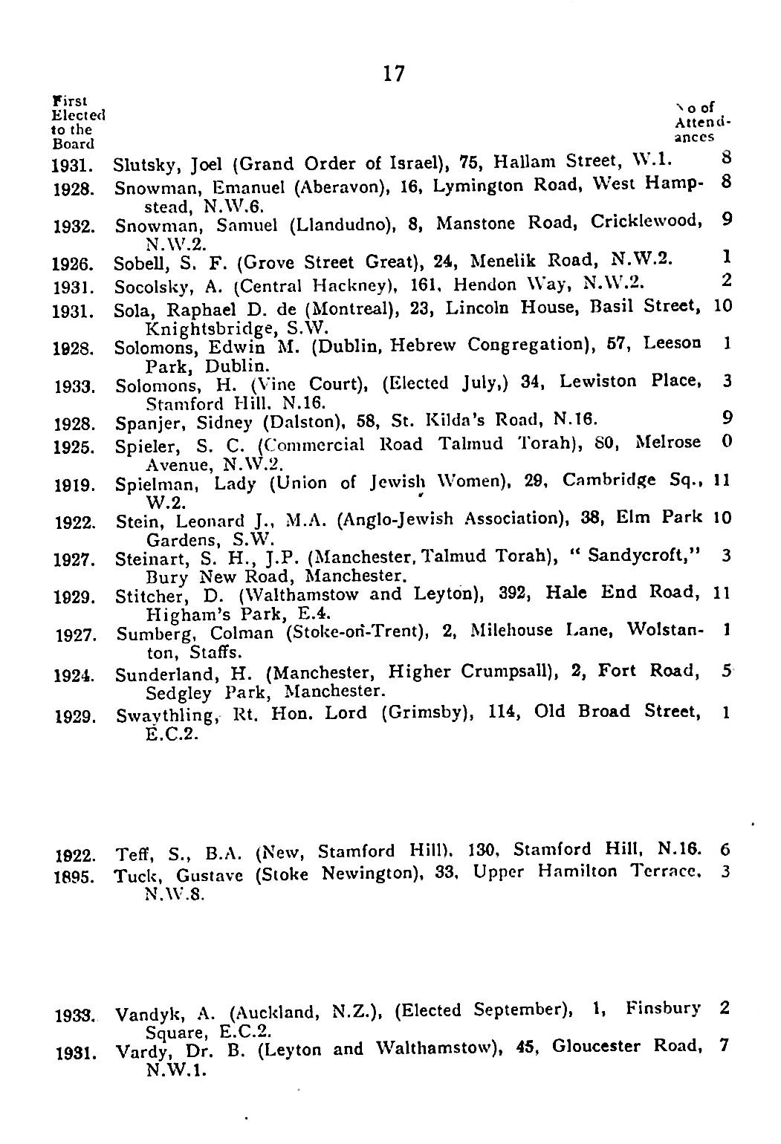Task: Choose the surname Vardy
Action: pyautogui.click(x=137, y=1050)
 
